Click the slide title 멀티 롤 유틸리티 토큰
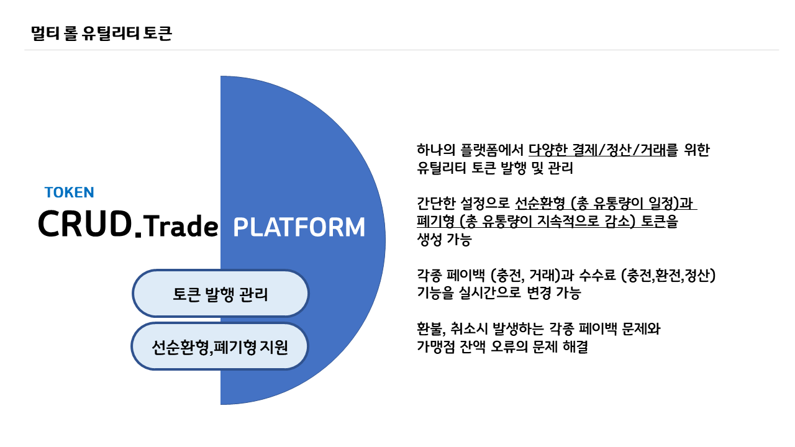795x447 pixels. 101,34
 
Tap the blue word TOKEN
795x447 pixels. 69,192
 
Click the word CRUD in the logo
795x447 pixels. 85,223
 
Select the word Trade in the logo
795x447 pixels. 181,226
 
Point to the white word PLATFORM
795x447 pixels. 299,227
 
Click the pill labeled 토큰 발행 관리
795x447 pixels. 220,294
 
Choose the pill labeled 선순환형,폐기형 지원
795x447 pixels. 220,346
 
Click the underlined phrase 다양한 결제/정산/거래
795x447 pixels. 597,150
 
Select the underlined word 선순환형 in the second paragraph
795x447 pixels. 540,203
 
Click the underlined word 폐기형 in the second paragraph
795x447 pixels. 435,222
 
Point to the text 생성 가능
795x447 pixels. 444,240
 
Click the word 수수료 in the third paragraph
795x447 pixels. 597,275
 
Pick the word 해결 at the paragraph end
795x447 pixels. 575,346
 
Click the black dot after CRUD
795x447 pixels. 139,233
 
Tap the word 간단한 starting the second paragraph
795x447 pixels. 436,203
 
